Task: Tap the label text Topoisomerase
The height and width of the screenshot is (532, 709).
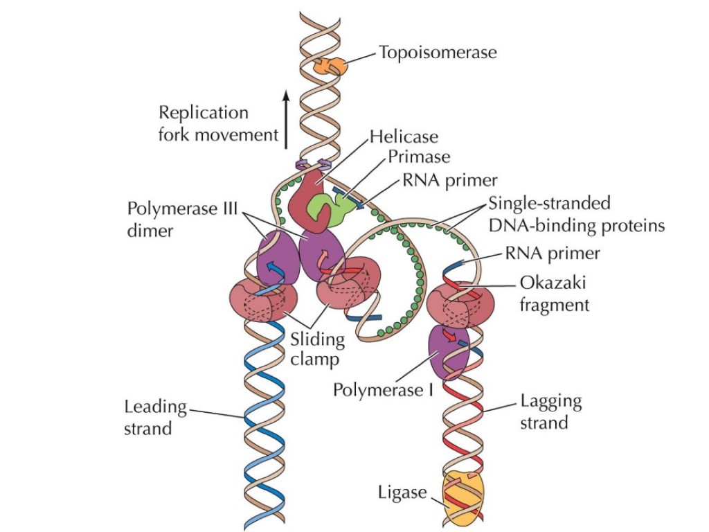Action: [438, 53]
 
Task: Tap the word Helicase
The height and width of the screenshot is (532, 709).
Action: [404, 136]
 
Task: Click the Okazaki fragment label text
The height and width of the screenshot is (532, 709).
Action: [554, 294]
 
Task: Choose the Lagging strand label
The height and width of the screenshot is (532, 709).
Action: [550, 411]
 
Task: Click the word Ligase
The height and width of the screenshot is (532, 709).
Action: [402, 493]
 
